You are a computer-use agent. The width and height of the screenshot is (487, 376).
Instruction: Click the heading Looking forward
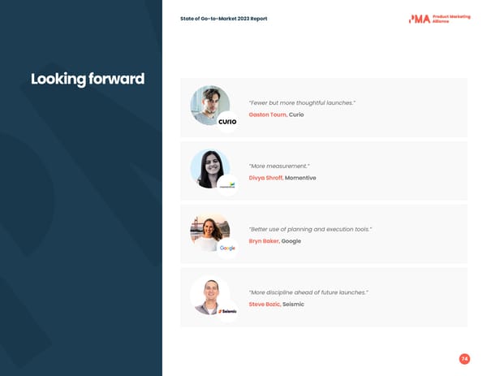(x=88, y=79)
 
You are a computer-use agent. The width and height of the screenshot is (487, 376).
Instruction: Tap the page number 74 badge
(x=464, y=358)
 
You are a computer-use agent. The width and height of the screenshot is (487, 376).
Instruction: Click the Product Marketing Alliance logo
(x=439, y=19)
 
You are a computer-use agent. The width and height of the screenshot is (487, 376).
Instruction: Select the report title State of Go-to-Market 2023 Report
(x=223, y=19)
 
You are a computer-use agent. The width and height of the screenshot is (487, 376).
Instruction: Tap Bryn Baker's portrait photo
(x=209, y=231)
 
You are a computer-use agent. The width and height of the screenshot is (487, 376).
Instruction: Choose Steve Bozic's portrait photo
(x=209, y=294)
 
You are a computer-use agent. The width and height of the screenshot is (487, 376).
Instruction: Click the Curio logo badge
(x=227, y=122)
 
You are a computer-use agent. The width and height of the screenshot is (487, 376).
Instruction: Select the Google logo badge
(x=227, y=248)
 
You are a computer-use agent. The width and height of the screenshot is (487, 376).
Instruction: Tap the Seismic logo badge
(x=227, y=311)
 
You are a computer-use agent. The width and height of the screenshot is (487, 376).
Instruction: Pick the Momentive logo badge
(x=227, y=185)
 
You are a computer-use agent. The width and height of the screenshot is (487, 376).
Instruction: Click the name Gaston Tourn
(x=267, y=115)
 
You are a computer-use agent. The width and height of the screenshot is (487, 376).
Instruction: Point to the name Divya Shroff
(x=265, y=178)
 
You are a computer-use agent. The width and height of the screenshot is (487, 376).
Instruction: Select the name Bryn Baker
(x=264, y=241)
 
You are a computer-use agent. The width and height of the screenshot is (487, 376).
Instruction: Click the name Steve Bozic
(x=265, y=304)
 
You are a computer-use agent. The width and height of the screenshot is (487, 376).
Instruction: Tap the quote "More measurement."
(x=279, y=166)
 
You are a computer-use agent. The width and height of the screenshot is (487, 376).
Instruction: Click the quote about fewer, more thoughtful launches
(x=302, y=102)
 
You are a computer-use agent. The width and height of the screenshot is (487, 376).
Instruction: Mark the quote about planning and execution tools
(x=310, y=229)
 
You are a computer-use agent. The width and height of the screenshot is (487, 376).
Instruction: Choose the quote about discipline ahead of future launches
(x=308, y=292)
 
